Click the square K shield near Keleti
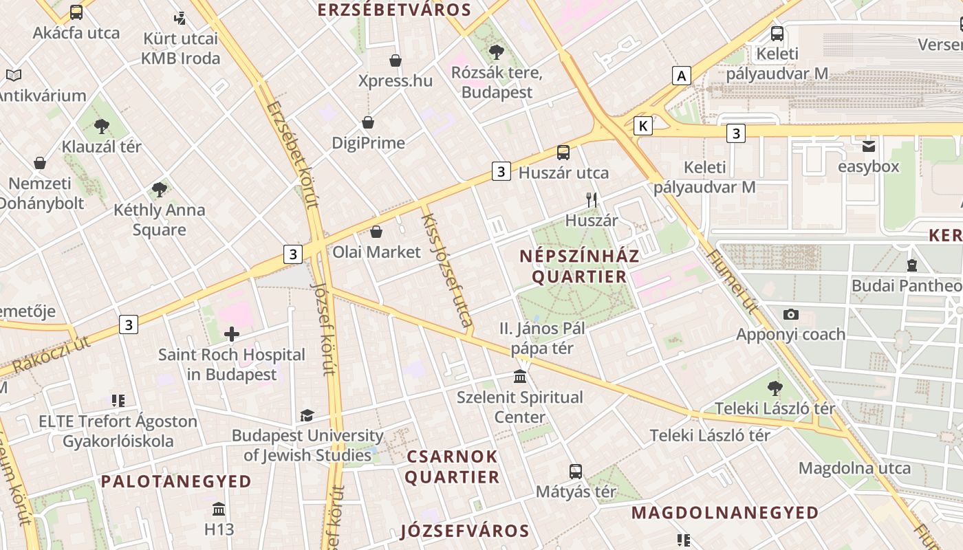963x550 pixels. click(x=643, y=126)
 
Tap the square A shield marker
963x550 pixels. click(x=682, y=75)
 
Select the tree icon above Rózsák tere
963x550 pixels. click(x=496, y=52)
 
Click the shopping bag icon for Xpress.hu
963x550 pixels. click(x=396, y=60)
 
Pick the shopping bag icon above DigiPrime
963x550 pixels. click(x=368, y=122)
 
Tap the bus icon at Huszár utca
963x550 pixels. click(x=563, y=152)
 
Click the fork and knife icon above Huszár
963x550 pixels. click(x=592, y=200)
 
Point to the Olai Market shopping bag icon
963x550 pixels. click(x=376, y=232)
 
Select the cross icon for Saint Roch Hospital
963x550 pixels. click(x=232, y=335)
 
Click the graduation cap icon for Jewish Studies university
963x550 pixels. click(x=307, y=415)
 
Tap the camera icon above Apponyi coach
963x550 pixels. click(x=791, y=314)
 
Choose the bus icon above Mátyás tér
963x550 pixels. click(x=576, y=472)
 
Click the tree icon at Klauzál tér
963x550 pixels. click(x=102, y=126)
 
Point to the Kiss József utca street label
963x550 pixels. click(x=446, y=269)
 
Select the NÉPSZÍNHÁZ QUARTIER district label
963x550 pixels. click(x=579, y=267)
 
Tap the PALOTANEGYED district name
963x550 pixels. click(x=176, y=481)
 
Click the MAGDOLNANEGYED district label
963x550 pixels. click(x=725, y=513)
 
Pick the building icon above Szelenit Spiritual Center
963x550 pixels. click(x=521, y=377)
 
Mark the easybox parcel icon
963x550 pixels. click(x=869, y=146)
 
